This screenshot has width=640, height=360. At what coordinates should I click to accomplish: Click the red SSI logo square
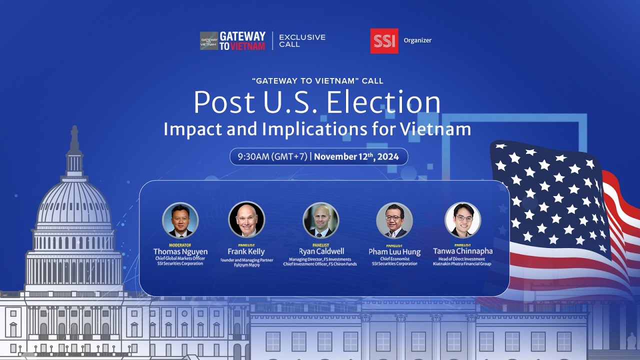(x=384, y=40)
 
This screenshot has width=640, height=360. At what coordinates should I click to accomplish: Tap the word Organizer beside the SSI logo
(x=417, y=40)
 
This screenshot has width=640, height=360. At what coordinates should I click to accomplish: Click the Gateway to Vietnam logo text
(x=242, y=41)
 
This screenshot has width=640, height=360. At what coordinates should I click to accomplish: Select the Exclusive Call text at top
(x=302, y=40)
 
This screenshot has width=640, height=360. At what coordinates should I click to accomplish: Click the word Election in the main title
(x=383, y=102)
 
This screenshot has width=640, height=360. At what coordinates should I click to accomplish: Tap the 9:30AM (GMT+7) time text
(x=272, y=156)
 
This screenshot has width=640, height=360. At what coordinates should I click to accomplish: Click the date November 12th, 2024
(x=356, y=156)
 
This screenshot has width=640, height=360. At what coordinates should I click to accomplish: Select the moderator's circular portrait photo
(x=180, y=220)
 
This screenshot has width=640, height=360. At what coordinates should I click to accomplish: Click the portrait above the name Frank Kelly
(x=246, y=219)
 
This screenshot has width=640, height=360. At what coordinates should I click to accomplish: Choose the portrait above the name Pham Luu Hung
(x=394, y=220)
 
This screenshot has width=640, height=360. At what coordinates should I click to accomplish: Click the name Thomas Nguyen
(x=180, y=251)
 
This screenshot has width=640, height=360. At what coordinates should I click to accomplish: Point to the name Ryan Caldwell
(x=321, y=251)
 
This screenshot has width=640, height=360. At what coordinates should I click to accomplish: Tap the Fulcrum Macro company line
(x=246, y=265)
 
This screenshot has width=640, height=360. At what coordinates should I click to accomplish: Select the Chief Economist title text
(x=394, y=259)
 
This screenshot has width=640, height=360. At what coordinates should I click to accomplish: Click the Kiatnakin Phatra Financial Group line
(x=462, y=263)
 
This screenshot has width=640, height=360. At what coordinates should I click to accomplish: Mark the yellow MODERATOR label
(x=180, y=245)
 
